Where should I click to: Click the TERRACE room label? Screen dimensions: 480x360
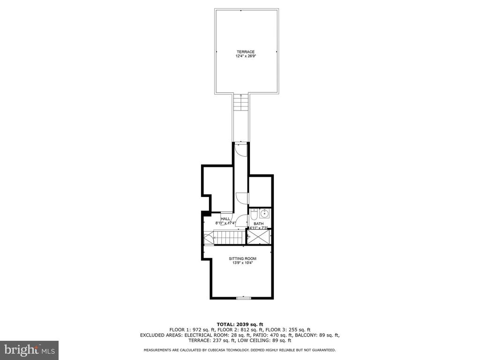[x=245, y=52]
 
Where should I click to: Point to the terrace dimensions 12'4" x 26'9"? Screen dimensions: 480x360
[x=245, y=56]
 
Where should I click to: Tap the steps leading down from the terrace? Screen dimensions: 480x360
[x=241, y=104]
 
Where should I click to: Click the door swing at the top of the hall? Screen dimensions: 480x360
[x=240, y=150]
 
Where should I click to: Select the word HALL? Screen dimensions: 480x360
[x=225, y=219]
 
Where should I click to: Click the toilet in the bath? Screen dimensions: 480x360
[x=254, y=215]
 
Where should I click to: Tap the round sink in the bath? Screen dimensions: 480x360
[x=264, y=213]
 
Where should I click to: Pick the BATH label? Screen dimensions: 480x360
[x=258, y=224]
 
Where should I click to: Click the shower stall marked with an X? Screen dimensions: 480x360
[x=259, y=236]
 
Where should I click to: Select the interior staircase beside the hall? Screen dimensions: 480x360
[x=229, y=238]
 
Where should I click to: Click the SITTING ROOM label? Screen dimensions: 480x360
[x=242, y=259]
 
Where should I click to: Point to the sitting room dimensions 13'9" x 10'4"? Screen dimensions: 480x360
[x=242, y=262]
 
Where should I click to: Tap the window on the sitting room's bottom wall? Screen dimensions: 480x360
[x=244, y=298]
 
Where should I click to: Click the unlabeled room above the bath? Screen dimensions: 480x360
[x=260, y=192]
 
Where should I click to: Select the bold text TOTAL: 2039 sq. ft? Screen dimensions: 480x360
[x=240, y=324]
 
